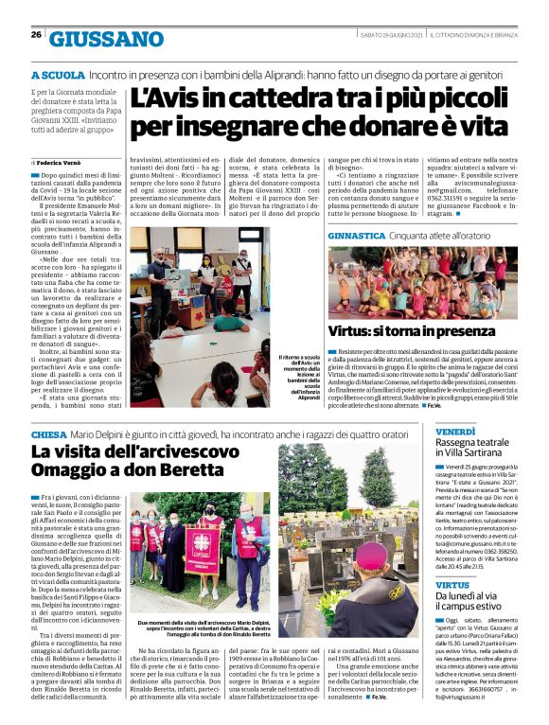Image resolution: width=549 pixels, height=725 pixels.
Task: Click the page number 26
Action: click(x=36, y=35)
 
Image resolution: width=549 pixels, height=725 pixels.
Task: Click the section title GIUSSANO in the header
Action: click(x=106, y=39)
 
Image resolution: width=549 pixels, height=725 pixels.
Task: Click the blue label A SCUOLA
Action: click(x=57, y=74)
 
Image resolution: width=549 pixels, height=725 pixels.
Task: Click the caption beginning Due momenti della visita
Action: click(x=200, y=628)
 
